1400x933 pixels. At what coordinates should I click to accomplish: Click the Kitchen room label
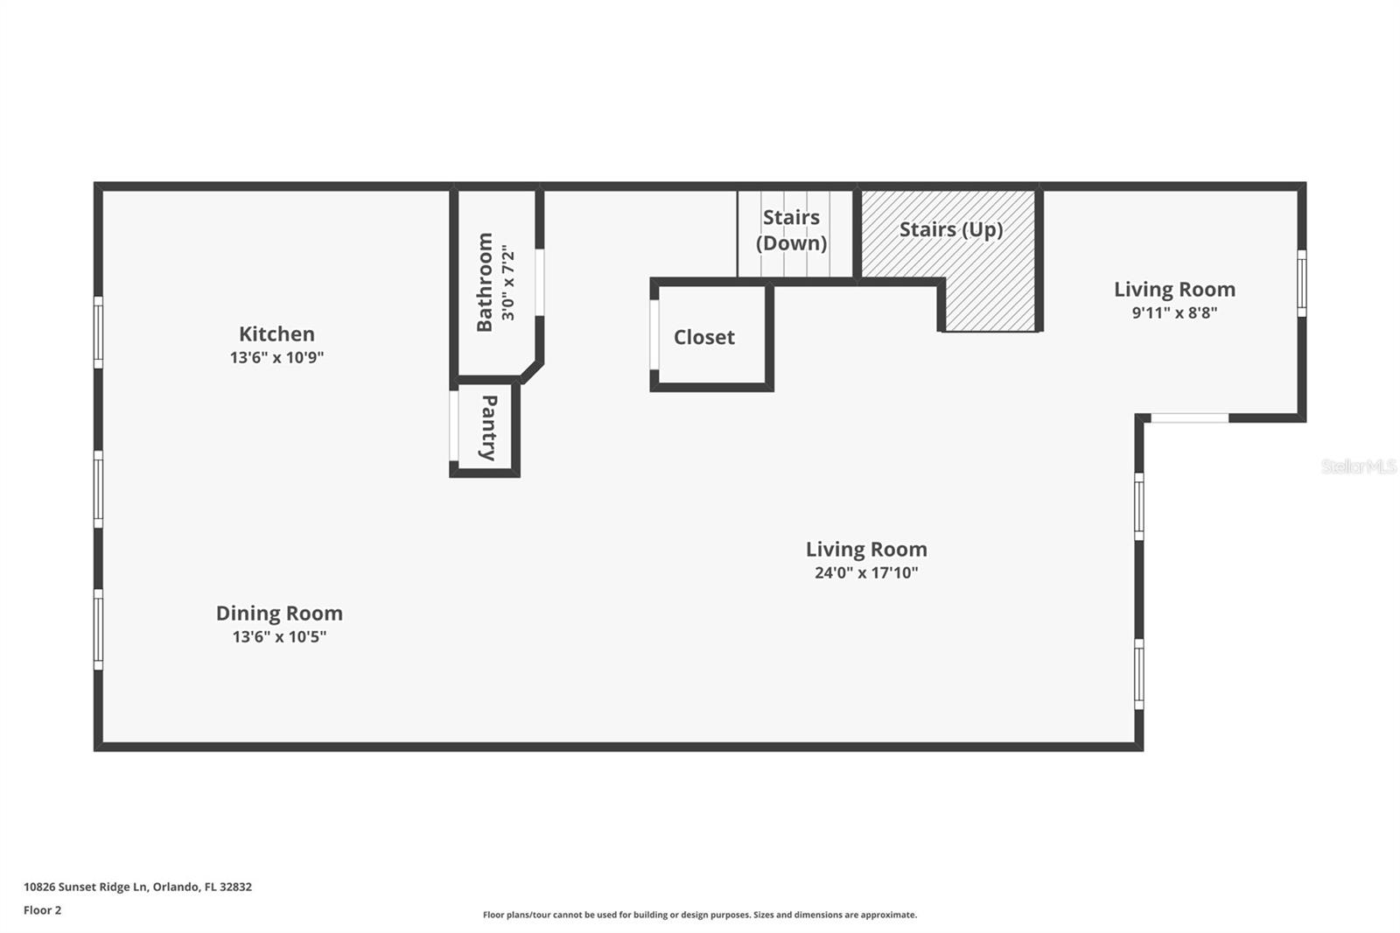point(276,334)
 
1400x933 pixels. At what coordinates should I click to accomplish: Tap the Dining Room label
point(279,613)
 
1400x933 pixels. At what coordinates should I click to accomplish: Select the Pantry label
point(489,428)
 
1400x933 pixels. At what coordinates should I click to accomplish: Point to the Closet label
point(703,337)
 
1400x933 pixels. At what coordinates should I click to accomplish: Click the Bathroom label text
point(485,282)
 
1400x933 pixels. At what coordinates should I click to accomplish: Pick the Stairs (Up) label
point(950,230)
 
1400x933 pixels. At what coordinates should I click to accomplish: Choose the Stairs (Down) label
point(791,230)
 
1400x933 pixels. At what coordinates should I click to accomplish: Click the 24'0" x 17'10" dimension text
point(866,572)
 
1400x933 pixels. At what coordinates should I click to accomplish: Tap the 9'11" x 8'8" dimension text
point(1175,312)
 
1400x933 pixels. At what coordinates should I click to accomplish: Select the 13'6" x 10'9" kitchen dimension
point(276,357)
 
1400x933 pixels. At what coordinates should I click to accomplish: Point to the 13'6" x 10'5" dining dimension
point(279,636)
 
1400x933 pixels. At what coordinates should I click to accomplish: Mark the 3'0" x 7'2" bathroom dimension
point(508,282)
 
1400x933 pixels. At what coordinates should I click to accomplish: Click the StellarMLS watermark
point(1359,466)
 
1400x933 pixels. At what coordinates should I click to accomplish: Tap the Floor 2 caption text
point(43,910)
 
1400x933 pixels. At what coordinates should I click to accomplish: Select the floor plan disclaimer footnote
point(700,915)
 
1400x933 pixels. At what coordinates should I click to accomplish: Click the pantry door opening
point(454,425)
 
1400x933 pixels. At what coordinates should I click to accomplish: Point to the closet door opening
point(654,334)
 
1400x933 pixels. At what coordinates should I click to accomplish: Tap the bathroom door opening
point(539,282)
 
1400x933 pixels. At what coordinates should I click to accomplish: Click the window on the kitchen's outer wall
point(98,332)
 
